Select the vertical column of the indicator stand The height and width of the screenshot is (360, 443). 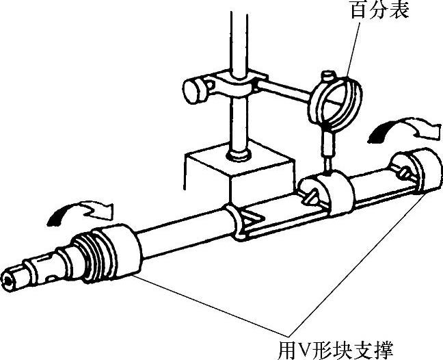(238, 41)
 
